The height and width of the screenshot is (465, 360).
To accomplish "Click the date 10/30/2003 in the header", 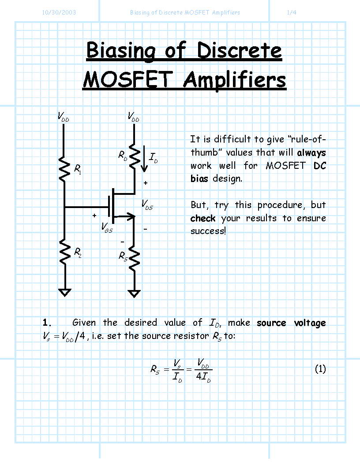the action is pyautogui.click(x=59, y=12).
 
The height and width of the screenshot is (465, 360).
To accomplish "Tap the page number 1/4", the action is pyautogui.click(x=292, y=12).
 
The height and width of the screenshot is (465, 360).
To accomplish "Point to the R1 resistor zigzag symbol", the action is pyautogui.click(x=64, y=169).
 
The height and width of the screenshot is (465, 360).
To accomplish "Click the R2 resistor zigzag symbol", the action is pyautogui.click(x=65, y=252).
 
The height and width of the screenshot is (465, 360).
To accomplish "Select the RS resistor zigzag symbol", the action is pyautogui.click(x=135, y=261).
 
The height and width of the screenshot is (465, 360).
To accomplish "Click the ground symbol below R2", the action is pyautogui.click(x=65, y=292).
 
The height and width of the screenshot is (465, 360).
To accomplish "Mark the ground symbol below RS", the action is pyautogui.click(x=134, y=294).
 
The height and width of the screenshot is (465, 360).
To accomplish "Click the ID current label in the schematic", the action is pyautogui.click(x=154, y=158).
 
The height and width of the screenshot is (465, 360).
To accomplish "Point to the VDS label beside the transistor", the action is pyautogui.click(x=147, y=205).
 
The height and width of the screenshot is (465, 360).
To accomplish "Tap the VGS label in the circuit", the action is pyautogui.click(x=107, y=227).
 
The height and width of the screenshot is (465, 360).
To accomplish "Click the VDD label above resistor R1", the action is pyautogui.click(x=63, y=116).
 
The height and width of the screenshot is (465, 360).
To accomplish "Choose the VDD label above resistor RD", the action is pyautogui.click(x=134, y=116).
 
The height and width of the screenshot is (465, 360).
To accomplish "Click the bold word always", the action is pyautogui.click(x=311, y=153).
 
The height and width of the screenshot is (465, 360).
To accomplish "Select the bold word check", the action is pyautogui.click(x=203, y=218).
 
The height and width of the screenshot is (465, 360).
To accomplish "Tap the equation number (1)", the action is pyautogui.click(x=320, y=369).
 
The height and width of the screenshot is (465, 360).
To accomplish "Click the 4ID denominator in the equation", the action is pyautogui.click(x=203, y=377).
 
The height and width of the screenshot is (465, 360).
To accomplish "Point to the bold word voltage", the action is pyautogui.click(x=310, y=323).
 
